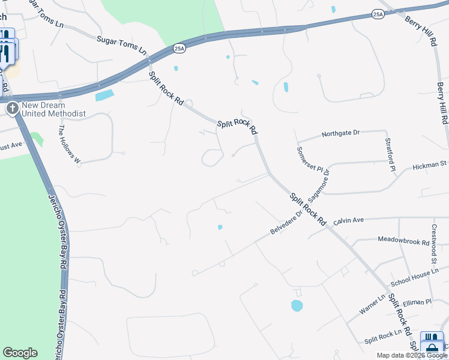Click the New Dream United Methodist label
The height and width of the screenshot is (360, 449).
tap(53, 109)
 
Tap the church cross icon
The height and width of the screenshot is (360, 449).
tap(12, 109)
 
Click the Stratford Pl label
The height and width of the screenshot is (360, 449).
tap(390, 154)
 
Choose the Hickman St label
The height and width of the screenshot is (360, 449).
tap(430, 163)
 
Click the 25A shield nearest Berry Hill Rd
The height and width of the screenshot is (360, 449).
tap(377, 14)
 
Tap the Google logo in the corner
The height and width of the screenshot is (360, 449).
tap(20, 353)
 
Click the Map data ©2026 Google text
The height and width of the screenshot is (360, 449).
tap(412, 355)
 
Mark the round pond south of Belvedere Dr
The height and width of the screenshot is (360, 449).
tap(297, 306)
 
